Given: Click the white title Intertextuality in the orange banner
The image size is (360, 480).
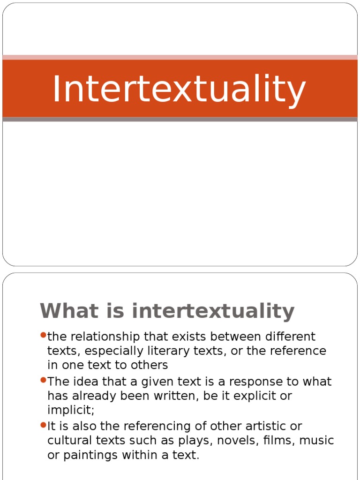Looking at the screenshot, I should [179, 89].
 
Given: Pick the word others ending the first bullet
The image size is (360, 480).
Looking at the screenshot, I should [151, 365].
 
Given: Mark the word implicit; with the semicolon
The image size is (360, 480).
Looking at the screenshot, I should [71, 410].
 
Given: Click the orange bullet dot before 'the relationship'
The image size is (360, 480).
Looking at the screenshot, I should [43, 335].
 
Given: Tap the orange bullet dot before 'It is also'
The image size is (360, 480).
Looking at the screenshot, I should [43, 425].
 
